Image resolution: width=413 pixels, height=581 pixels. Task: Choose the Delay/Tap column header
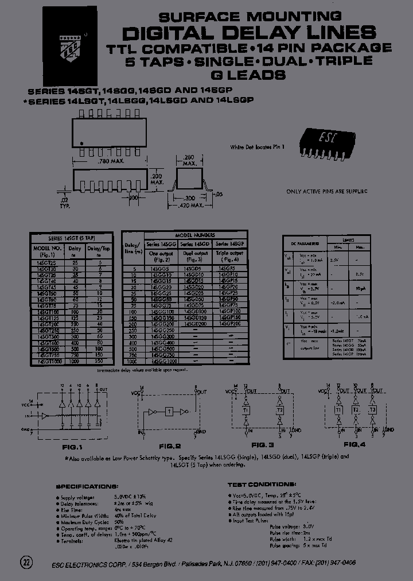(98, 249)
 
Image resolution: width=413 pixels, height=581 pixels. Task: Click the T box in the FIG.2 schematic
(169, 412)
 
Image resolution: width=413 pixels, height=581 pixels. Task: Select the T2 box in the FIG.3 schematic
(279, 410)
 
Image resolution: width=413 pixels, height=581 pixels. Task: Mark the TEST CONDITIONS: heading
(262, 485)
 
